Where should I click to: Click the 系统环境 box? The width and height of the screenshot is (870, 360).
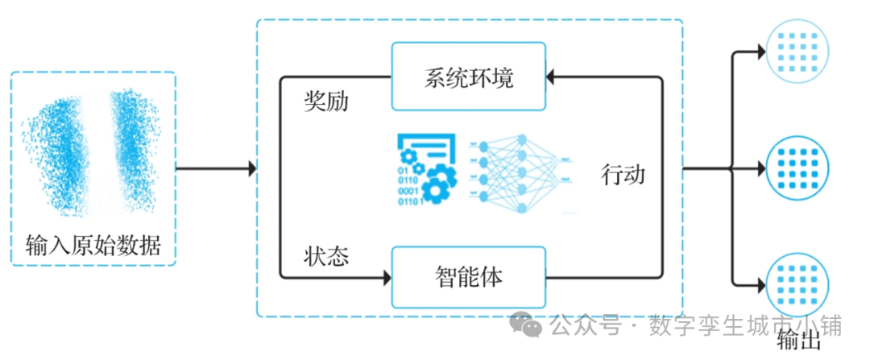(468, 77)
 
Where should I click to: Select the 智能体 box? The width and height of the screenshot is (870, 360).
(468, 278)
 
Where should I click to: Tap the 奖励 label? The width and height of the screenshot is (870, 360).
(325, 101)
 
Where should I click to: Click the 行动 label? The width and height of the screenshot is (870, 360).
(623, 174)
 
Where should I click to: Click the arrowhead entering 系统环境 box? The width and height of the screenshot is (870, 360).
(550, 77)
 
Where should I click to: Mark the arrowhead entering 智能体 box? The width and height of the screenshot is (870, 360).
(386, 278)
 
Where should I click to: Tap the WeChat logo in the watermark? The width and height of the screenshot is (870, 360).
(529, 325)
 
